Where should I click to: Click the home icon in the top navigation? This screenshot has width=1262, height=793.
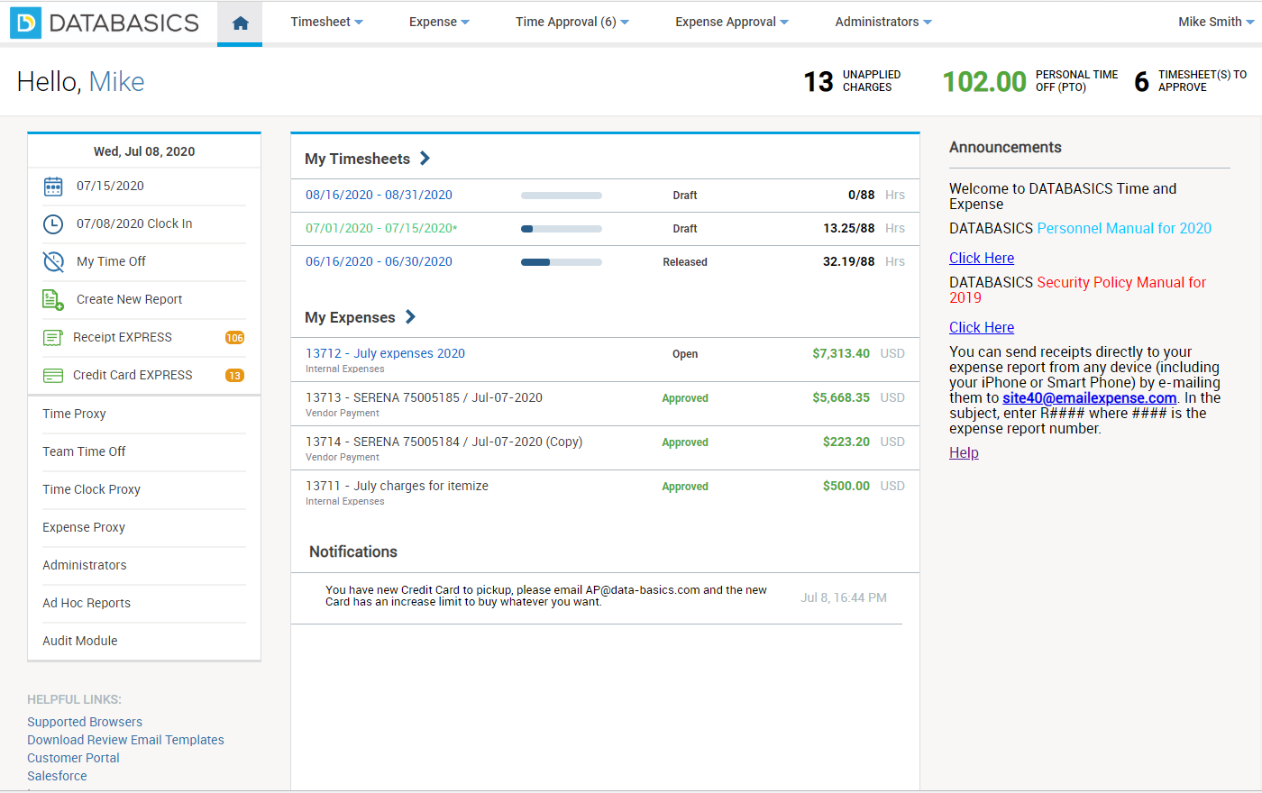pos(240,23)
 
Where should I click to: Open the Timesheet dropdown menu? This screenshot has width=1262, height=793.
pos(326,22)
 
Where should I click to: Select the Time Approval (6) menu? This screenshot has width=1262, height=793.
pos(572,22)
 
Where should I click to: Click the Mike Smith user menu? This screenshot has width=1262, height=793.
pos(1215,22)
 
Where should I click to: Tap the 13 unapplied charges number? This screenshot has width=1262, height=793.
pos(818,82)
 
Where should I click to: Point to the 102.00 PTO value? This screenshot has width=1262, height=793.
pos(984,82)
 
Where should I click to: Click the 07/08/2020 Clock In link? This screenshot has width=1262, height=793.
pos(134,223)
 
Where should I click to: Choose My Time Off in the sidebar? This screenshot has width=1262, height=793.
pos(111,261)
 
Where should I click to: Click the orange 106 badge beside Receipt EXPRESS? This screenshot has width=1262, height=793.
pos(234,338)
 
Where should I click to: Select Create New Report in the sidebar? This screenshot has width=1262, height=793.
pos(129,299)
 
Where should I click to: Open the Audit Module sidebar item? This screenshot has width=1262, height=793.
pos(80,641)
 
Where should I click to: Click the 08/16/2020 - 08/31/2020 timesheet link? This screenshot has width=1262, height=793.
pos(379,195)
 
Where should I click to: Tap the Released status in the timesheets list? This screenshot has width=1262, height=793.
pos(685,262)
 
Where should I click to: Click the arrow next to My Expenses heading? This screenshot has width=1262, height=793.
pos(411,316)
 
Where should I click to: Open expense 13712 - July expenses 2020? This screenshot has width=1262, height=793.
pos(385,353)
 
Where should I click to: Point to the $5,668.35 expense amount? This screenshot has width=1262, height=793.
pos(840,397)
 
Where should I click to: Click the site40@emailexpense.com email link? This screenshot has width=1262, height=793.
pos(1089,397)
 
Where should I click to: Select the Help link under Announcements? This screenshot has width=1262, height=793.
pos(964,452)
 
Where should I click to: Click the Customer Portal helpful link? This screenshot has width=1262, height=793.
pos(73,758)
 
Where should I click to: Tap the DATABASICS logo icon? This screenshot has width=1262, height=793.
pos(25,23)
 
